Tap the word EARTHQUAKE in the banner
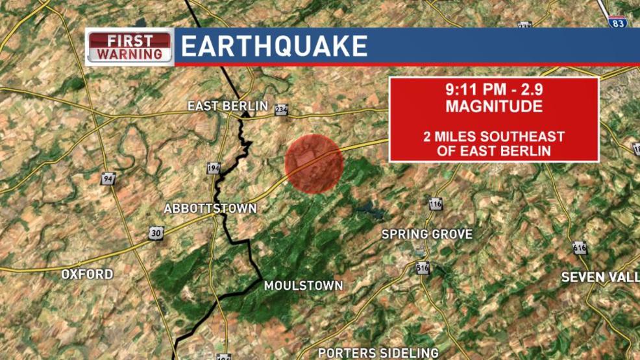point(274,47)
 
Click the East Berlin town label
point(227,106)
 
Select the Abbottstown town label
point(210,209)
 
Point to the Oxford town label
point(87,274)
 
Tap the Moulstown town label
point(303,286)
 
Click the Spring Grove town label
point(426,234)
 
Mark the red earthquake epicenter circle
point(314,163)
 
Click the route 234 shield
point(280,110)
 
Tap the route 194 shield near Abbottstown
point(214,168)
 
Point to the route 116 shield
point(435,204)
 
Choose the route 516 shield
point(423,267)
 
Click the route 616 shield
point(580,248)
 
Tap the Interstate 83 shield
point(618,21)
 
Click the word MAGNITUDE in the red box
point(494,106)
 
